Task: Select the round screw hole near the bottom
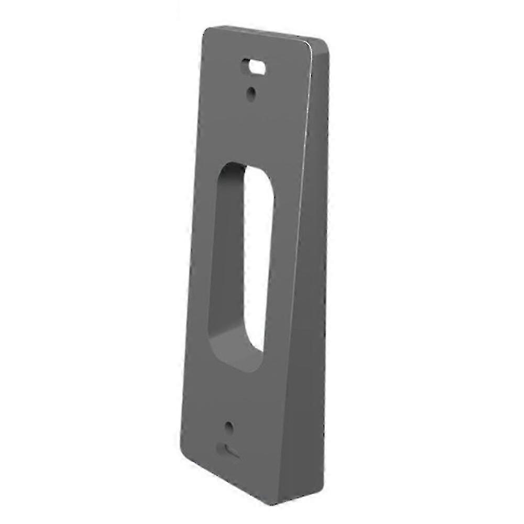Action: pos(229,428)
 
